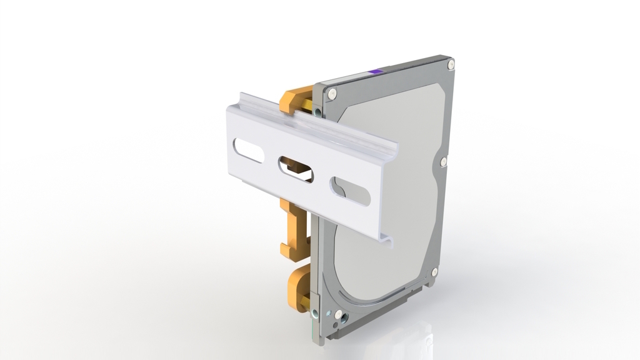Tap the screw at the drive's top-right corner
point(450,63)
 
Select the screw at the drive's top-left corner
point(332,93)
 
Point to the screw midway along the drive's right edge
point(443,162)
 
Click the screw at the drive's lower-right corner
point(434,272)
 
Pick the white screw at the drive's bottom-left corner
point(338,314)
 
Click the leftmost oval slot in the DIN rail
point(247,151)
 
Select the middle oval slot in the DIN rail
point(296,169)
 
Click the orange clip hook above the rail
point(294,99)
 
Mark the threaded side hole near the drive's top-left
point(319,112)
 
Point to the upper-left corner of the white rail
point(227,108)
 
